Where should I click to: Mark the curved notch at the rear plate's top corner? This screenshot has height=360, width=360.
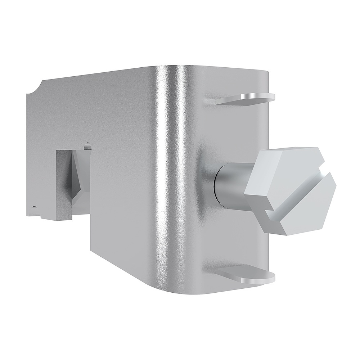pos(36,88)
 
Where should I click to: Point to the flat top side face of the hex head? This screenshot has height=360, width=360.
pos(288,153)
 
